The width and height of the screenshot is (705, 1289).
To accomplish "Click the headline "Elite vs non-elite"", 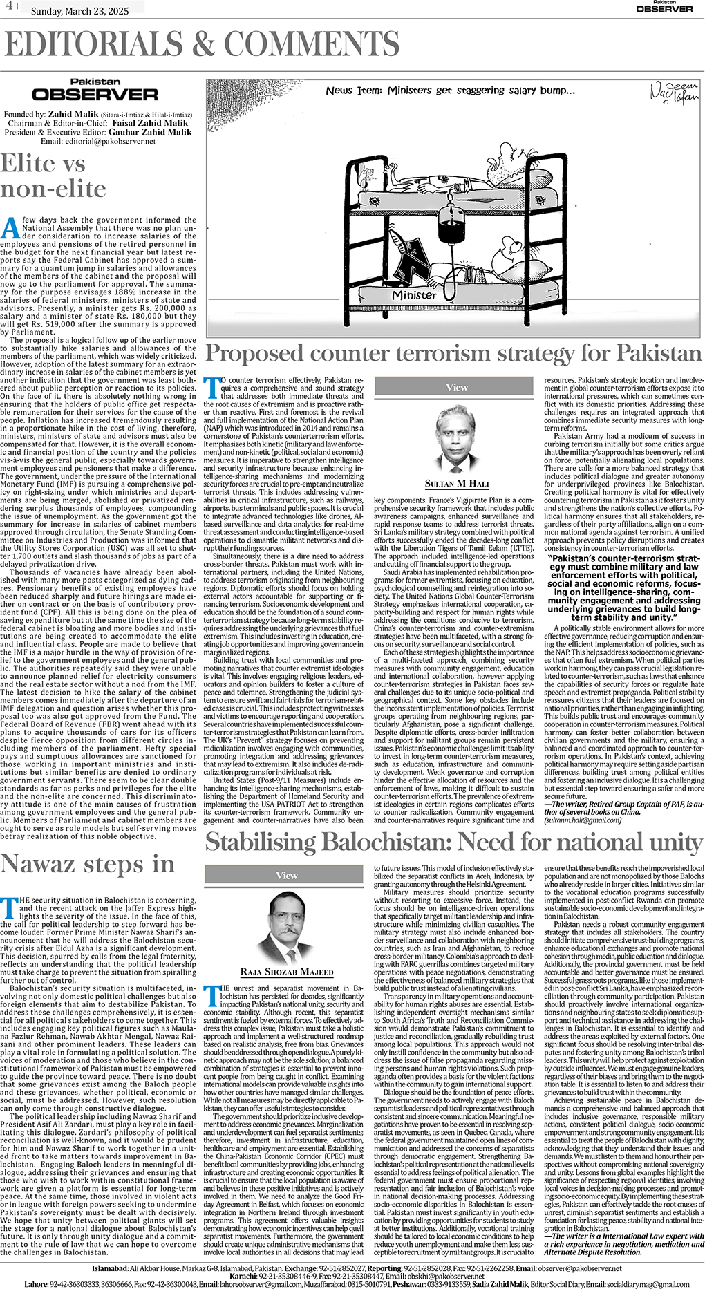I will point(53,176).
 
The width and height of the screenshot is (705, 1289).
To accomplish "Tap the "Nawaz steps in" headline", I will point(88,864).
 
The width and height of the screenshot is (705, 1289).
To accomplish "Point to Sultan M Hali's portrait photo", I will point(457,438).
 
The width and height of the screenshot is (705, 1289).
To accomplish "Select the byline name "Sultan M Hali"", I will point(457,484).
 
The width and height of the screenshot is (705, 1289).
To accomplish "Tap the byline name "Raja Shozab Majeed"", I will point(286,972).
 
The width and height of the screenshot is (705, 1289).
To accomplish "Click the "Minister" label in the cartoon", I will point(414,295).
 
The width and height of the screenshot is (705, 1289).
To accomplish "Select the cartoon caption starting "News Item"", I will point(451,91).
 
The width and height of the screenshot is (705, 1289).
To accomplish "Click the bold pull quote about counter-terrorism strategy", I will point(624,587).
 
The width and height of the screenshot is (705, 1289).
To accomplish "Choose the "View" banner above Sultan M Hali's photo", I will point(457,387).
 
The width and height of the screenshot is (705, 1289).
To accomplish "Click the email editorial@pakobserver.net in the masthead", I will point(98,141).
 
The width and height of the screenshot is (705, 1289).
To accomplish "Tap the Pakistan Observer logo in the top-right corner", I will point(664,7).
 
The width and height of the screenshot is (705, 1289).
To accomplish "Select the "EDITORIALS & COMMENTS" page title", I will point(202,45).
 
